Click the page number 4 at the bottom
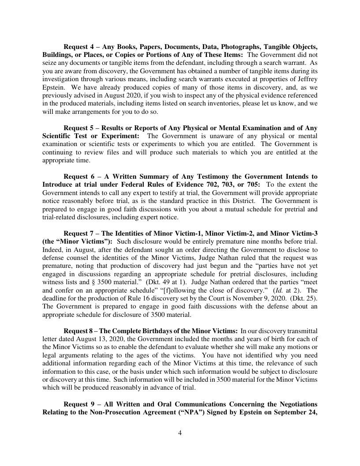click(180, 433)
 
